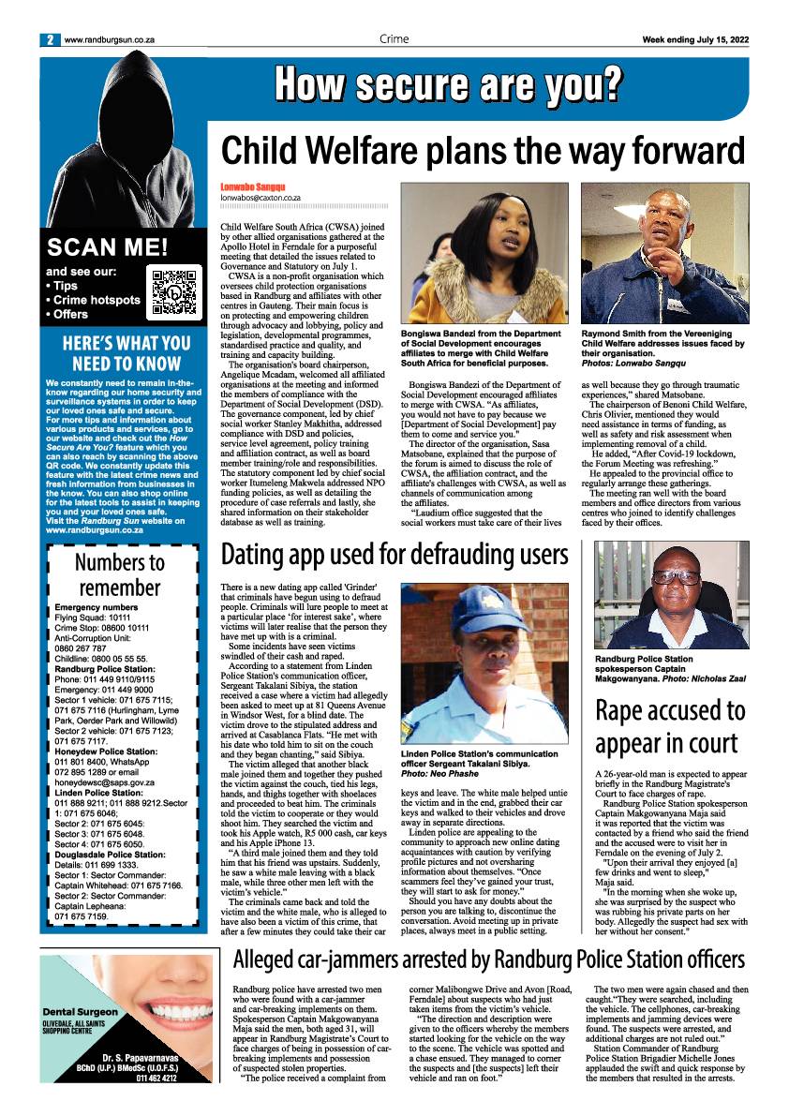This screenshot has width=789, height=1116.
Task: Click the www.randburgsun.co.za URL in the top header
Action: pos(110,39)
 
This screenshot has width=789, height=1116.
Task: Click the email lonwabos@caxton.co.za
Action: pos(261,198)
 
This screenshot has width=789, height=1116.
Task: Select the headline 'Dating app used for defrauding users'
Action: pos(394,554)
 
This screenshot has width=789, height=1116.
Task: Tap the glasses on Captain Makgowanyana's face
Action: pos(675,576)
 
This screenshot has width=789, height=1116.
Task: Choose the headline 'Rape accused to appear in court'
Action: pos(671,726)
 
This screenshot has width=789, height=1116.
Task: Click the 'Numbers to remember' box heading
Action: pos(119,574)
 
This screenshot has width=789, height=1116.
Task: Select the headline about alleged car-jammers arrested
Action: pos(488,959)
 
